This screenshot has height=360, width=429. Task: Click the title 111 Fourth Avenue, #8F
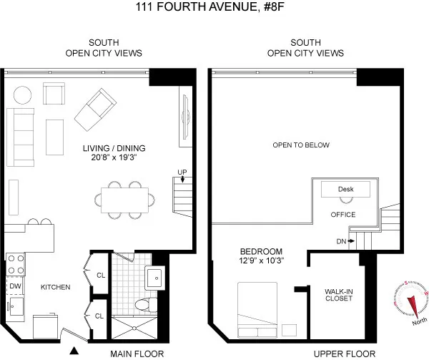(214, 8)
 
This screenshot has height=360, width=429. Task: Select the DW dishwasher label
(15, 286)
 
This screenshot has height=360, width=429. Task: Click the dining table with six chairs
(126, 198)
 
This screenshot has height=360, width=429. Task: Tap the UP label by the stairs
(183, 171)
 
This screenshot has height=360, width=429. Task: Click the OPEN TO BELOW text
(301, 145)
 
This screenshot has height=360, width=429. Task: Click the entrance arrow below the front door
(73, 351)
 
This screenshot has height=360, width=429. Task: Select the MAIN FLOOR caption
(137, 354)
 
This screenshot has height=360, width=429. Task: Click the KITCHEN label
(54, 287)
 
